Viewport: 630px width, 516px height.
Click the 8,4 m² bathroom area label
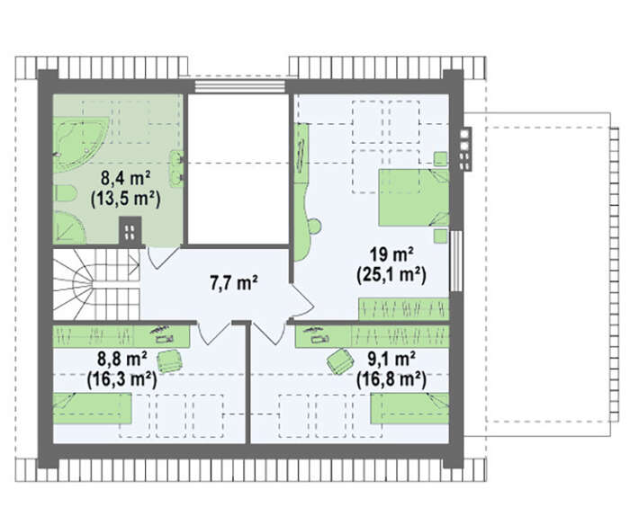pos(125,178)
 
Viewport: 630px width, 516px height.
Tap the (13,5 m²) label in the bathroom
pos(125,199)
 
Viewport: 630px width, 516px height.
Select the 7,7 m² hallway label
pos(234,283)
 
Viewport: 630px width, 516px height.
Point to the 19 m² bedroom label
pos(391,254)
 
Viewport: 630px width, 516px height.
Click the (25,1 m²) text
pos(391,276)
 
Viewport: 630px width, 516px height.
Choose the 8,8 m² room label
pos(122,359)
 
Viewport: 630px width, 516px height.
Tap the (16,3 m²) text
pos(122,379)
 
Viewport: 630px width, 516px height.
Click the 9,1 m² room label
pos(391,359)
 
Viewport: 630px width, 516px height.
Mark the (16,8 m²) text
pos(391,379)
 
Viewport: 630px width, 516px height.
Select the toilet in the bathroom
pos(64,194)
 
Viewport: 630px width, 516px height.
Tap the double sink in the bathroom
pos(176,168)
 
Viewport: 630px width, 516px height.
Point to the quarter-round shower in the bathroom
pos(68,227)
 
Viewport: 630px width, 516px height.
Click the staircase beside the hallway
pos(96,284)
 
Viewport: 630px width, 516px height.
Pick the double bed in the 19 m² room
pos(413,197)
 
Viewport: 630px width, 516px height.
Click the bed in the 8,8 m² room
pos(93,408)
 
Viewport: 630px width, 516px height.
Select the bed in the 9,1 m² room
pos(409,408)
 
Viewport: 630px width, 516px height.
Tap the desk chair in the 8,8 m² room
pos(169,360)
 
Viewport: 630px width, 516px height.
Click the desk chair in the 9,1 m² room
pos(340,361)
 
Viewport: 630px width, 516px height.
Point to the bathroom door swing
pos(162,257)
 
